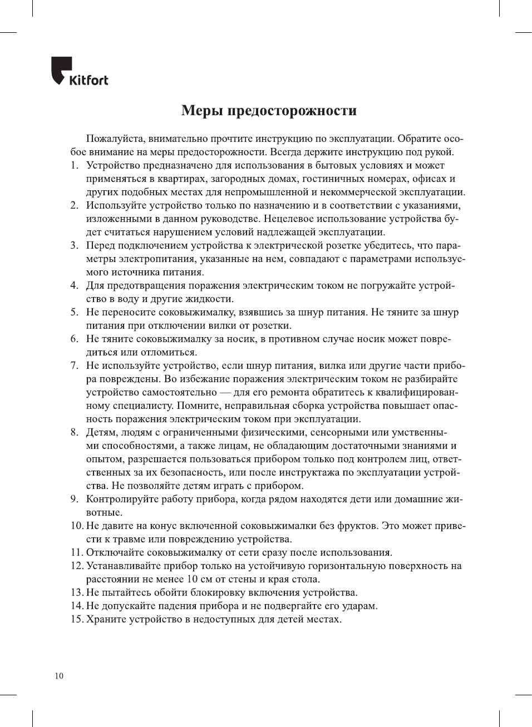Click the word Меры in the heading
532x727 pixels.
(x=202, y=110)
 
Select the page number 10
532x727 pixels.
(x=59, y=676)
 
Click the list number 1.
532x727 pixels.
(x=74, y=165)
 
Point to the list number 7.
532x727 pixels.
(x=74, y=365)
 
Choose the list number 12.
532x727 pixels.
(x=76, y=566)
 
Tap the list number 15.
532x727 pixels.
(x=76, y=619)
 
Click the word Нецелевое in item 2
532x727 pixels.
(x=288, y=219)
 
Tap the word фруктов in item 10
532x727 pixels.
(x=357, y=526)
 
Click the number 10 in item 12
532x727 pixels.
(x=192, y=579)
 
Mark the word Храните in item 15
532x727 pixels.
(x=105, y=619)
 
